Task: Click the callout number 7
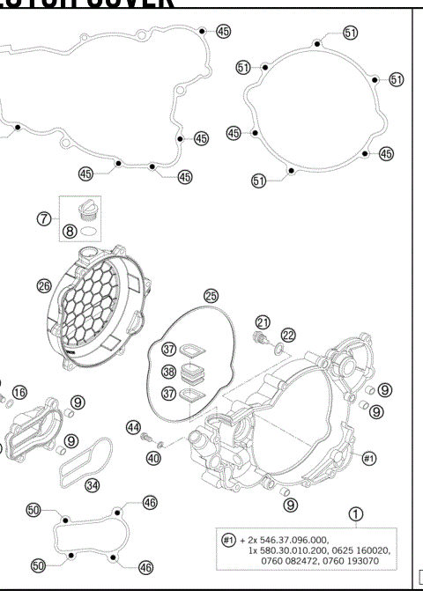pos(42,218)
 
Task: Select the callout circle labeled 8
pos(68,233)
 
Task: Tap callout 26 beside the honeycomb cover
pos(43,284)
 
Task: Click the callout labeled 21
pos(262,321)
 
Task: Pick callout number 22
pos(288,334)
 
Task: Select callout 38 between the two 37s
pos(168,373)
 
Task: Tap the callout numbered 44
pos(133,427)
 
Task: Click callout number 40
pos(153,457)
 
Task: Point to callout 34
pos(92,484)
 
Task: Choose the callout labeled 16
pos(19,391)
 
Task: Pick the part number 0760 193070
pos(359,562)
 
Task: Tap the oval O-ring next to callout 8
pos(90,233)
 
